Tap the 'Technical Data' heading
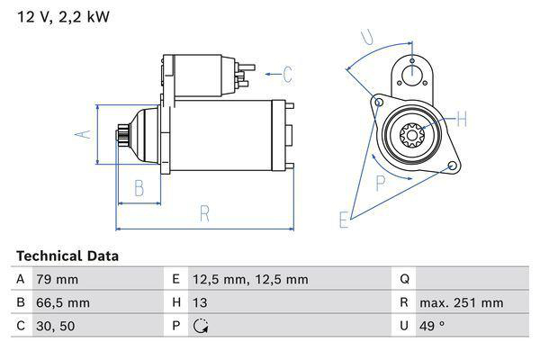pos(67,256)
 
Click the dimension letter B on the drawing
pos(139,188)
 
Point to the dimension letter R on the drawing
pos(204,214)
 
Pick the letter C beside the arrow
pos(288,74)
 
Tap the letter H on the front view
pos(462,118)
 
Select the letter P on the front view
pos(380,183)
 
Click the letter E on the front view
pos(343,219)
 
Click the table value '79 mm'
pos(56,279)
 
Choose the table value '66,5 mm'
pos(62,302)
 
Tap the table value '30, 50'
pos(56,326)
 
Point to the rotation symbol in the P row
pos(201,327)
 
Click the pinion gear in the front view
pos(412,137)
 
